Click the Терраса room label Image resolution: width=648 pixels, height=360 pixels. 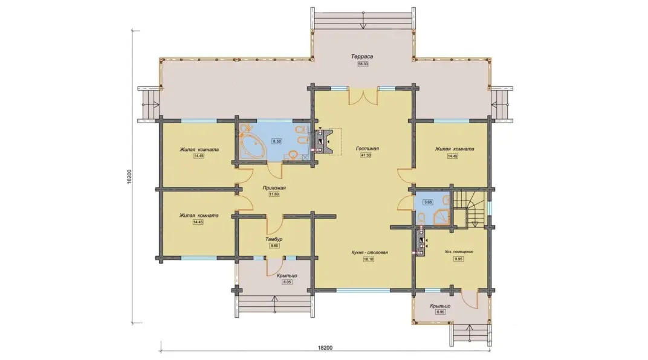tap(363, 56)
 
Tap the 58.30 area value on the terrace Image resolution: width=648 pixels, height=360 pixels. tap(363, 64)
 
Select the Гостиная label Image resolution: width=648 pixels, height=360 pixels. tap(367, 148)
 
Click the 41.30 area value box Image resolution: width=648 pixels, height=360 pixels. tap(366, 155)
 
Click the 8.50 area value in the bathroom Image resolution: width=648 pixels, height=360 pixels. tap(276, 141)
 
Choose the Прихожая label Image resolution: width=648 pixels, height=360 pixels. tap(274, 188)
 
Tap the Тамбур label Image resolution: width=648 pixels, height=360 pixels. tap(274, 239)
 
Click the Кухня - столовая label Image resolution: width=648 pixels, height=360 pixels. tap(369, 252)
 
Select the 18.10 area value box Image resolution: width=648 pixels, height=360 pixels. tap(368, 259)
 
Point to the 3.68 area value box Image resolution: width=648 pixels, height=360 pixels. tap(428, 202)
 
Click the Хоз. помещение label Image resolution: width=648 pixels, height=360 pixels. tap(459, 251)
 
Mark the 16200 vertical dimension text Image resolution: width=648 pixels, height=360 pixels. tap(129, 176)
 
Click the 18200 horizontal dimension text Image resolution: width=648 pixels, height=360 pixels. tap(325, 347)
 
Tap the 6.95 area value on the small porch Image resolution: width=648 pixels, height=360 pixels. tap(440, 312)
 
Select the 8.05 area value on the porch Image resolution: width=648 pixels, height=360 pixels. tap(287, 282)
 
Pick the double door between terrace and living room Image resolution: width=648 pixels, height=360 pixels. tap(363, 96)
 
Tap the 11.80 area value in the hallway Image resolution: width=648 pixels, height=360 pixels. tap(274, 194)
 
